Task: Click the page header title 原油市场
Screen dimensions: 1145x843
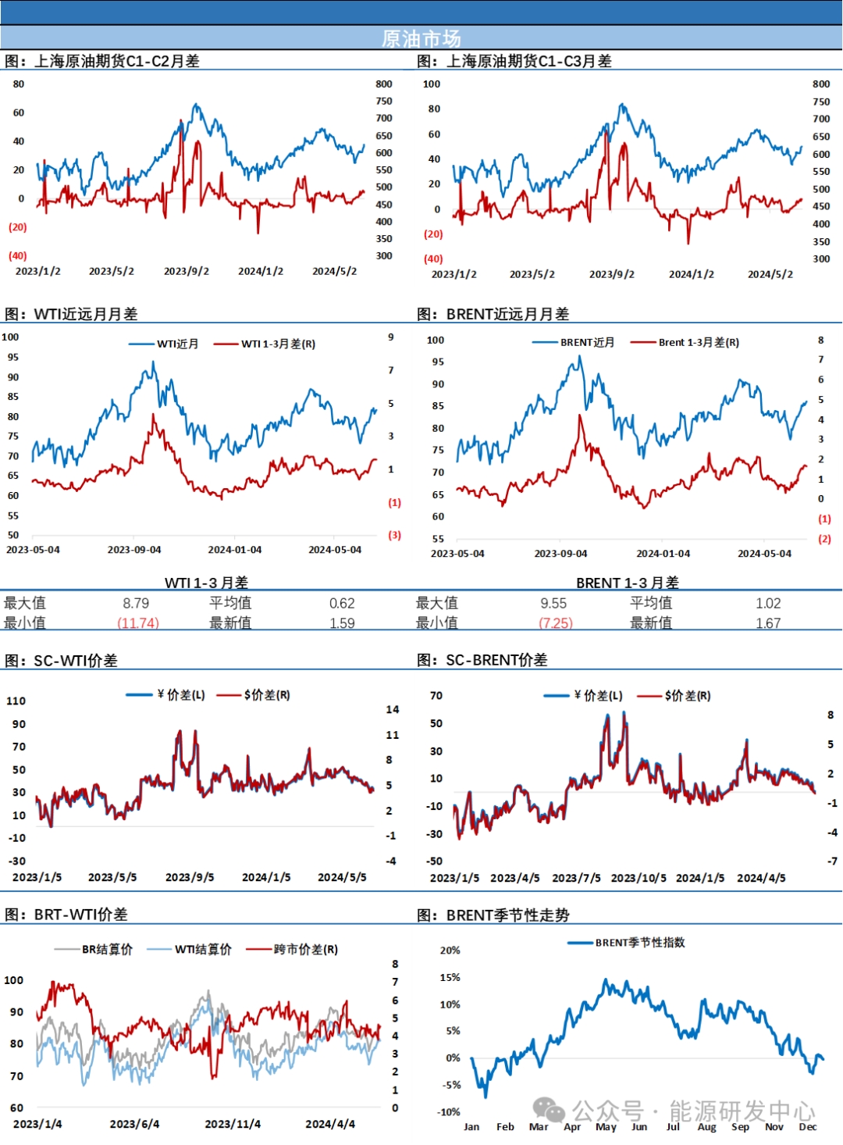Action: click(x=421, y=38)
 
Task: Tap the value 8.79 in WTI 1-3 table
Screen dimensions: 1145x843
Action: click(x=136, y=603)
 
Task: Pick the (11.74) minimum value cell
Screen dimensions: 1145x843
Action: click(x=138, y=623)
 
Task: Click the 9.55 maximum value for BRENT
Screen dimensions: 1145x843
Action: click(x=553, y=603)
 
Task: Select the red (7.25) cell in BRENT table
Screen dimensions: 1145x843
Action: click(x=556, y=623)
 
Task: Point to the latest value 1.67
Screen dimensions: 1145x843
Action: click(x=768, y=623)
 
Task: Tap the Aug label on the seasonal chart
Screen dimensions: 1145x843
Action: click(x=706, y=1126)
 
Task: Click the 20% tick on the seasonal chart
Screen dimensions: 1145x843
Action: click(x=450, y=950)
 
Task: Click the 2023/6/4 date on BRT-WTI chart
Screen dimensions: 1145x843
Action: click(x=134, y=1124)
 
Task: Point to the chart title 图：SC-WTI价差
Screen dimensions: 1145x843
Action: click(x=61, y=661)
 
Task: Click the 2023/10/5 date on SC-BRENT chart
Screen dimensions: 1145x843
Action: click(x=638, y=878)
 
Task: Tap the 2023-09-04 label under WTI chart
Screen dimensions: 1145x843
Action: click(x=134, y=550)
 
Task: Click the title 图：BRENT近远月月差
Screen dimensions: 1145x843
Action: click(x=493, y=314)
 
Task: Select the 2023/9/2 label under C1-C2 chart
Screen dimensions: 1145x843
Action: click(x=187, y=271)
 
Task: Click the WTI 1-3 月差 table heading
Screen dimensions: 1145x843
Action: click(x=206, y=583)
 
